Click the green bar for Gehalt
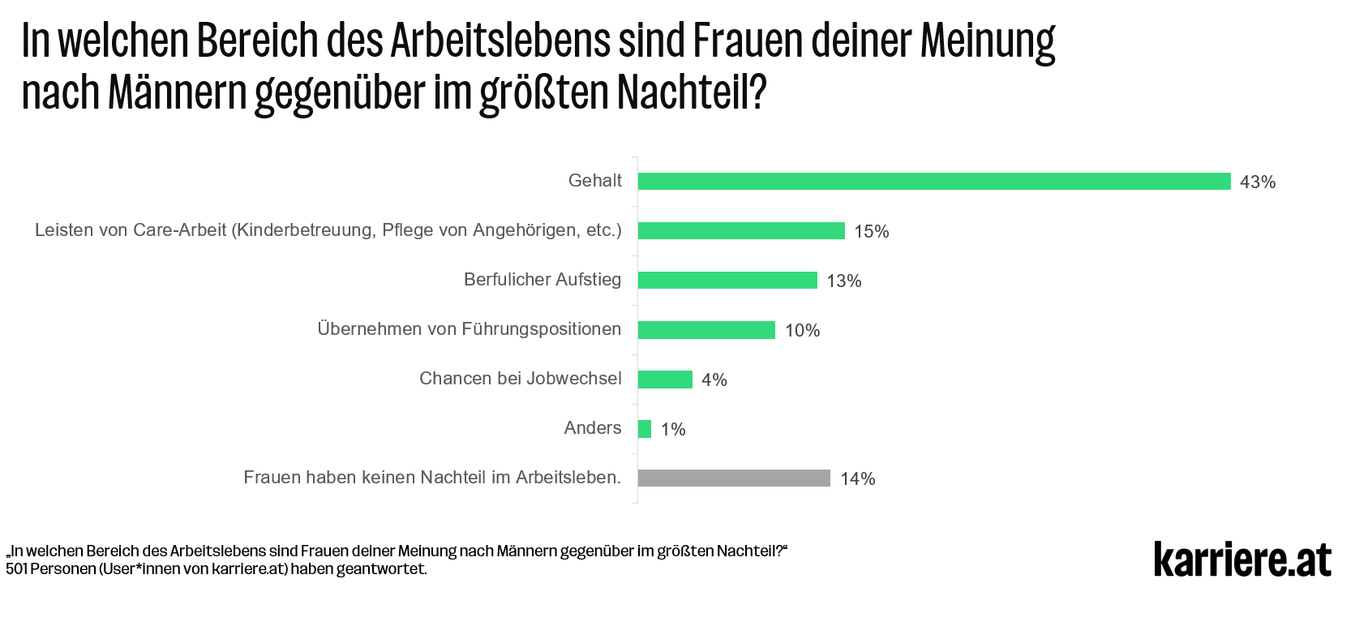(x=933, y=182)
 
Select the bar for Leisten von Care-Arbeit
(x=741, y=231)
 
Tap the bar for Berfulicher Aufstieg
(x=727, y=281)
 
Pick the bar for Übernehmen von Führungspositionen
(x=706, y=330)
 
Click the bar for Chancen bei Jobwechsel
(x=665, y=380)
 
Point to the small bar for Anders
(x=645, y=429)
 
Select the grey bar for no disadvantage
(x=734, y=478)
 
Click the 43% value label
(x=1257, y=182)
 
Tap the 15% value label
(x=871, y=232)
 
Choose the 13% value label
(x=843, y=281)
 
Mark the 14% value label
(x=857, y=479)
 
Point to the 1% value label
(x=673, y=430)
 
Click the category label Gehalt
(x=594, y=181)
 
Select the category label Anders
(x=592, y=428)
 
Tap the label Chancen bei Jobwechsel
(x=520, y=379)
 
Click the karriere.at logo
(x=1241, y=560)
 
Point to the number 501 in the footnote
(x=17, y=569)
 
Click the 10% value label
(x=802, y=331)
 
